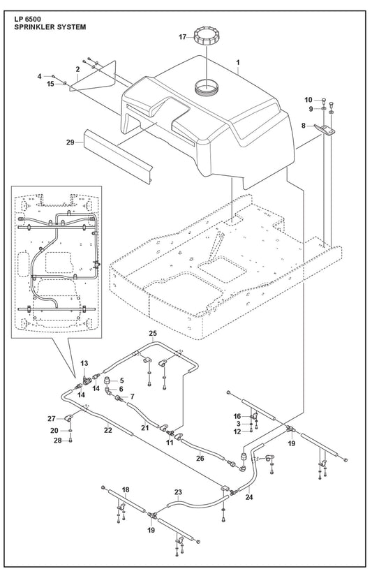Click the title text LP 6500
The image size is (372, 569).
[x=28, y=20]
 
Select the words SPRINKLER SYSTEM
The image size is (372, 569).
[x=50, y=27]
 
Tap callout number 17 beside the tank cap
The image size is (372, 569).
[x=183, y=36]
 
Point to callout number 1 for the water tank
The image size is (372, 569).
[x=238, y=62]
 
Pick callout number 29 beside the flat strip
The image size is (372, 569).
[x=70, y=142]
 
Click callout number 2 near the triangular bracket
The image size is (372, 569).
[x=77, y=69]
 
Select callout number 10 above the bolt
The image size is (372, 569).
[x=308, y=100]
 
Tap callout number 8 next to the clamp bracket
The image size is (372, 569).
[x=304, y=126]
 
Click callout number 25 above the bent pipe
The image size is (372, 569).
[x=153, y=333]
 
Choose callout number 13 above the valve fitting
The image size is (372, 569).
[x=84, y=363]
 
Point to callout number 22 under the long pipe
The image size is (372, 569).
[x=107, y=430]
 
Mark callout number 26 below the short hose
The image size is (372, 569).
[x=200, y=458]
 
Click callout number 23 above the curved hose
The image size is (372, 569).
[x=178, y=492]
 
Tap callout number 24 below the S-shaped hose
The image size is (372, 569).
[x=249, y=497]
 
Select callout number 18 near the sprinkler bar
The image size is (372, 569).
[x=126, y=490]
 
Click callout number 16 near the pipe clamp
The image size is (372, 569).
[x=237, y=416]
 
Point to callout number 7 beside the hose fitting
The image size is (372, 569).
[x=132, y=397]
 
